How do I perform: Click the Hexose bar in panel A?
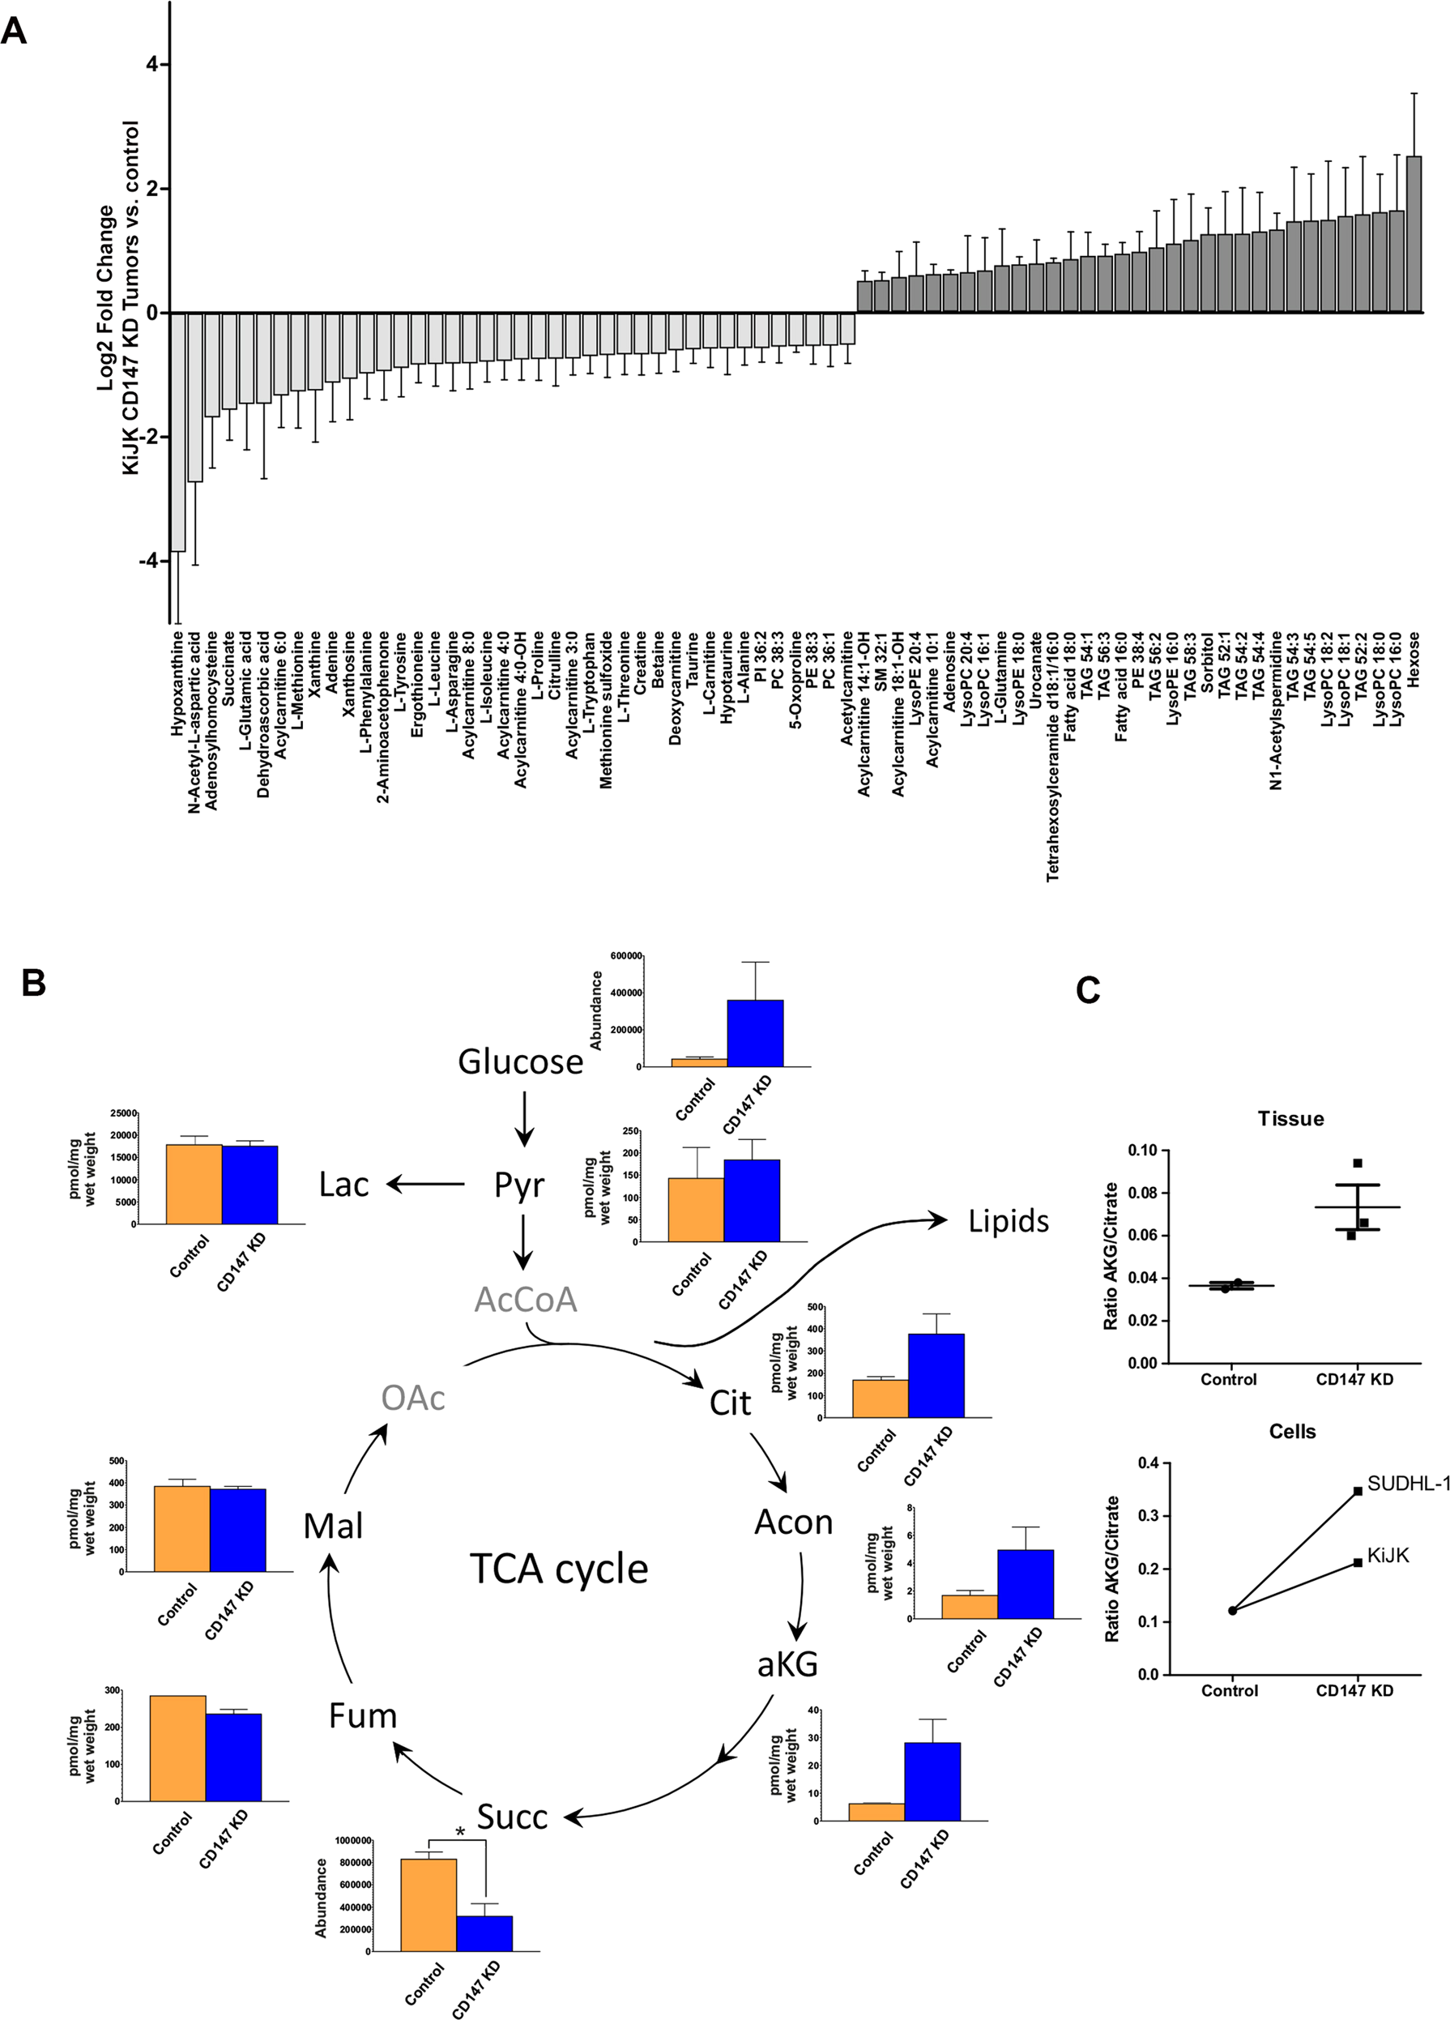[x=1414, y=234]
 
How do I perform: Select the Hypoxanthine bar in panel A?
[x=177, y=432]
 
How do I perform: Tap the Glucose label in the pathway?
[x=520, y=1061]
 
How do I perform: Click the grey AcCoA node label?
[x=526, y=1300]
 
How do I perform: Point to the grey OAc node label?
[x=412, y=1398]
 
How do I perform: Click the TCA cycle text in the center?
[x=558, y=1569]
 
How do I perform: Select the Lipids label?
[x=1009, y=1221]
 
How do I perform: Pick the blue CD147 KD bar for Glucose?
[x=755, y=1033]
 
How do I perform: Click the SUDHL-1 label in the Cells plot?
[x=1409, y=1483]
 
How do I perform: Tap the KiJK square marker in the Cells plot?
[x=1358, y=1562]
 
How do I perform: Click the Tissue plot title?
[x=1290, y=1119]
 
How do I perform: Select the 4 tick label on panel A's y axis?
[x=152, y=64]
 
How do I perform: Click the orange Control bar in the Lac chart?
[x=194, y=1184]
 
